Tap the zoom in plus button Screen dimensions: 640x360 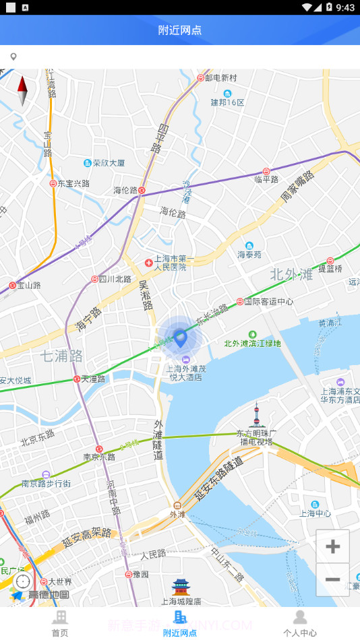point(332,546)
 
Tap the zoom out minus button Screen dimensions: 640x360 point(332,579)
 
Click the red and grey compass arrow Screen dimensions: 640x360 point(22,91)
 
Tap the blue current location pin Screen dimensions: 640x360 point(180,337)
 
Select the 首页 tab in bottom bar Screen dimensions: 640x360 point(60,624)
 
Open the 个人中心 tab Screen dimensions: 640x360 point(300,624)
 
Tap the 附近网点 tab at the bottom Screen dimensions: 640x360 point(180,624)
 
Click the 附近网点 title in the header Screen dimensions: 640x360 point(180,30)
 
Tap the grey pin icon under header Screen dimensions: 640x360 point(13,57)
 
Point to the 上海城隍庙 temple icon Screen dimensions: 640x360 point(181,587)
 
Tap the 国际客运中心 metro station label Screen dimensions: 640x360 point(268,302)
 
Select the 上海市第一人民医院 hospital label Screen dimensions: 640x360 point(170,263)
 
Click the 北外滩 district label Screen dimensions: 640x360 point(291,274)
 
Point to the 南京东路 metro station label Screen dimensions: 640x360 point(100,457)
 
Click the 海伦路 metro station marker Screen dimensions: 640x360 point(142,191)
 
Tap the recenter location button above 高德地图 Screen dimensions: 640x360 point(23,581)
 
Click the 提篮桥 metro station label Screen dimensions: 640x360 point(330,268)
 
